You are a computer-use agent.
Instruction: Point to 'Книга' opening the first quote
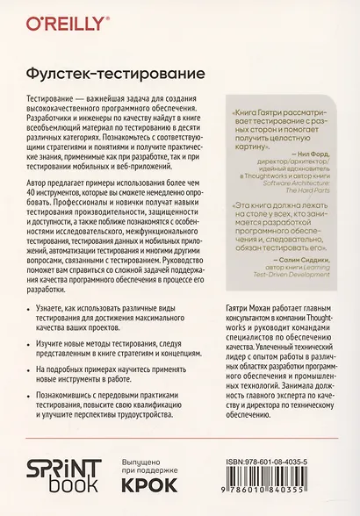247,113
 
